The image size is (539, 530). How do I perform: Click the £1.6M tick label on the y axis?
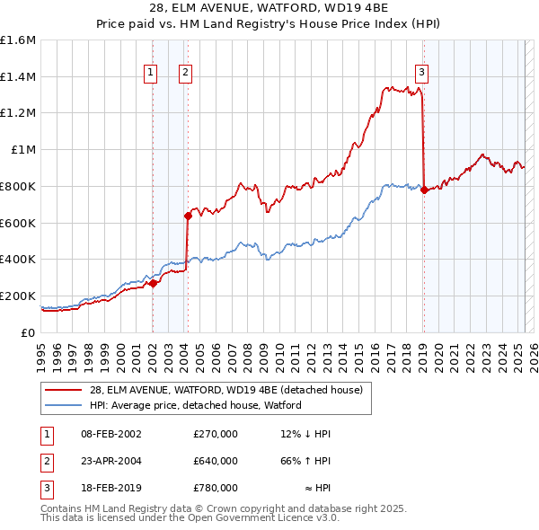tap(18, 40)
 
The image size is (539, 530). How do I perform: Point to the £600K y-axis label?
tap(18, 223)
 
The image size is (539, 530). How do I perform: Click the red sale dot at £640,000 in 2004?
tap(189, 216)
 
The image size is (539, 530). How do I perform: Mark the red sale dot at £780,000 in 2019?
tap(424, 190)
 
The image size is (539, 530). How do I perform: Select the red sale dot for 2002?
tap(153, 283)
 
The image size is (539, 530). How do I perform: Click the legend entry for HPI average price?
tap(195, 405)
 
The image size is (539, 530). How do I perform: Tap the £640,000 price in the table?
tap(215, 461)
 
